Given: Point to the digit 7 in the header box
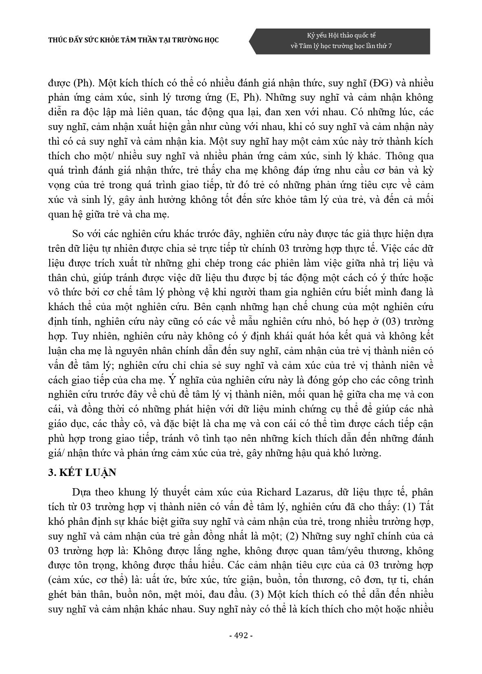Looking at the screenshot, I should tap(390, 46).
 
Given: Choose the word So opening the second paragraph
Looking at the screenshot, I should tap(77, 234).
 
